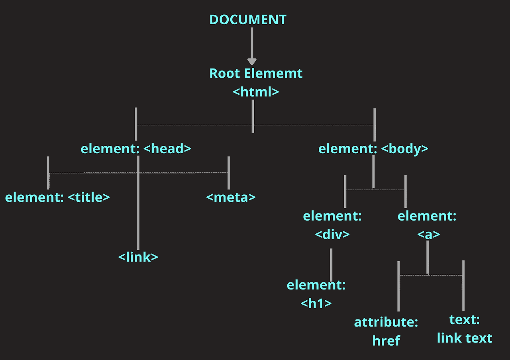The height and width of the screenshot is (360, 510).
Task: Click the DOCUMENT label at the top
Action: point(248,20)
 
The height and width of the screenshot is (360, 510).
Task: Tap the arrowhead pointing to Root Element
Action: point(252,62)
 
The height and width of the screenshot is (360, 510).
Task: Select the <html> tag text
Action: point(256,92)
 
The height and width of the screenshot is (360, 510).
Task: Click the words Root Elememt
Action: point(256,74)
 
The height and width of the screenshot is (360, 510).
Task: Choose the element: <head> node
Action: point(136,149)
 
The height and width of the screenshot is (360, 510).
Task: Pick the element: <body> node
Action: point(373,149)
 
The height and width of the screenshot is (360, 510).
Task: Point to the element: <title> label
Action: point(57,197)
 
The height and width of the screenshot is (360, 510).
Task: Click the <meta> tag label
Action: point(231,197)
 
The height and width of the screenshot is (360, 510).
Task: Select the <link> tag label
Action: point(138,257)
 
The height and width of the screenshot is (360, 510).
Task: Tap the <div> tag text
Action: point(332,234)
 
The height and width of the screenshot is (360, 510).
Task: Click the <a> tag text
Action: point(429,235)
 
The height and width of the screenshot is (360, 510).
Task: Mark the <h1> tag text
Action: point(316,303)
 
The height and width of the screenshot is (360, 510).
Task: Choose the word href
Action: point(386,340)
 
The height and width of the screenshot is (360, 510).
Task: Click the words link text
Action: point(465,338)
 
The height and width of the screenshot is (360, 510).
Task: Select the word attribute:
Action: point(386,322)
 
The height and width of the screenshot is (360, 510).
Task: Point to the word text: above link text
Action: point(465,320)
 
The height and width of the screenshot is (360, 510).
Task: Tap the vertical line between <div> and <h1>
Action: point(331,265)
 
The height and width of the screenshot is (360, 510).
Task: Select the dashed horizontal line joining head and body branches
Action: point(191,125)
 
